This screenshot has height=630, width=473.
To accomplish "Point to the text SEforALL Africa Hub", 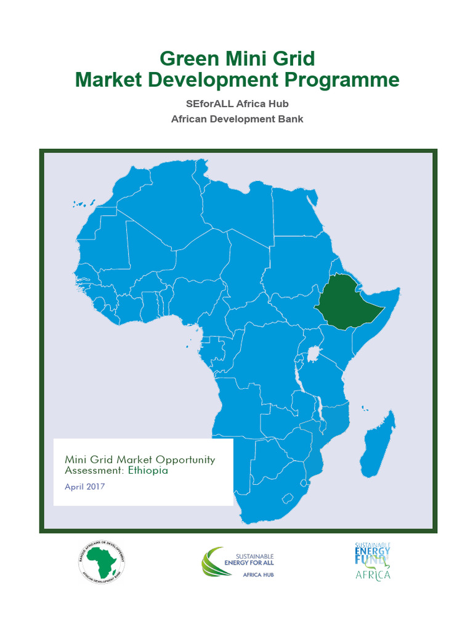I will [x=237, y=104].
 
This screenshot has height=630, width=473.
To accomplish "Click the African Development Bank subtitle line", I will [x=237, y=119].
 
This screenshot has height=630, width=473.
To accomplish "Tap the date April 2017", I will [x=85, y=486].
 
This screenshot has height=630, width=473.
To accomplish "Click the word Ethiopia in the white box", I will [x=147, y=471].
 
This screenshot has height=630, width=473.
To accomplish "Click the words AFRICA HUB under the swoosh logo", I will [x=258, y=575].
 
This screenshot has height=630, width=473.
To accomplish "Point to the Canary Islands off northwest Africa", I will [x=84, y=203].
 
